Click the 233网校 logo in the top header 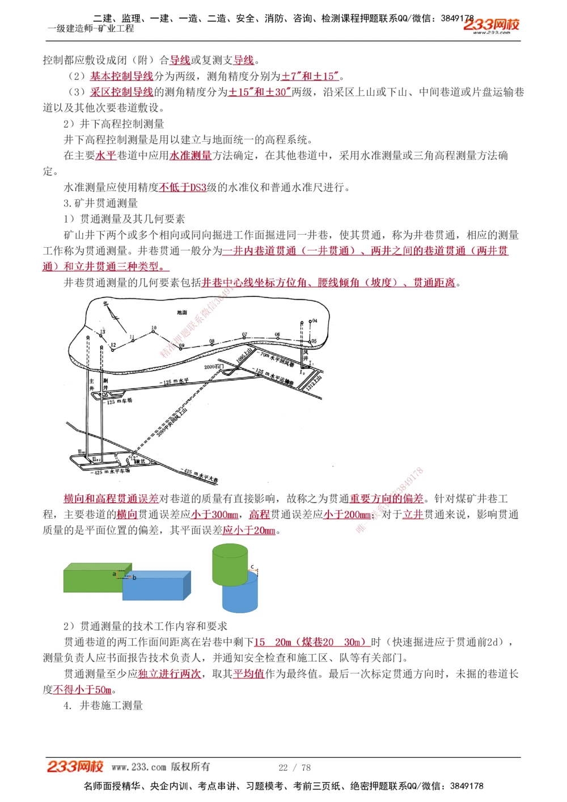pos(491,25)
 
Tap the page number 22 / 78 pos(294,767)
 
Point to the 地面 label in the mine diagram pos(182,312)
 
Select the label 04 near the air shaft pos(314,321)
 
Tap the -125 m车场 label pos(119,401)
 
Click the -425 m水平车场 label pos(111,471)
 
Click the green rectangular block pos(94,578)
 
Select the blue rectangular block pos(156,587)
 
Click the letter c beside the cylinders pos(252,566)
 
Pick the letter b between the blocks pos(134,578)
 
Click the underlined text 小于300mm pos(214,515)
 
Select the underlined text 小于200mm pos(347,515)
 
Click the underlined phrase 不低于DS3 pos(183,187)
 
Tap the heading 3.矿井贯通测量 pos(100,203)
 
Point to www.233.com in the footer pos(139,767)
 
